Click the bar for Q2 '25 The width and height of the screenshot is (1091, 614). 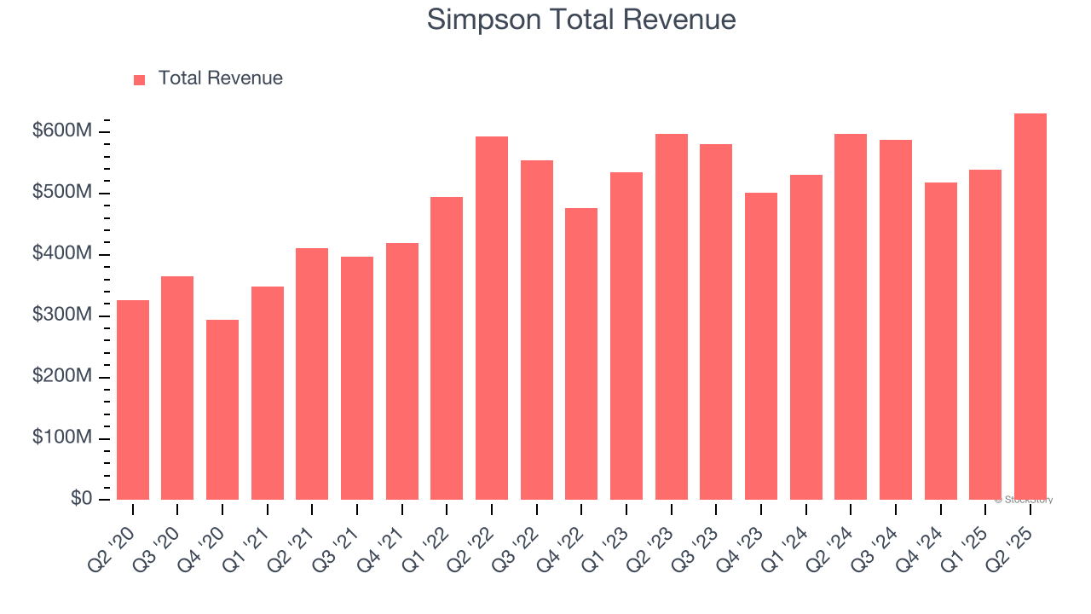[x=1030, y=307]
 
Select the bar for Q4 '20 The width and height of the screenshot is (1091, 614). [x=222, y=410]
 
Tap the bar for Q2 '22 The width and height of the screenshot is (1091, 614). [x=492, y=318]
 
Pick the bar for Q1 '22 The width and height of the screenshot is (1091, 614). [x=447, y=349]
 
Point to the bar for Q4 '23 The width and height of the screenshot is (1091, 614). [x=761, y=346]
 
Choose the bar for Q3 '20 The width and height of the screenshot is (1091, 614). [x=177, y=388]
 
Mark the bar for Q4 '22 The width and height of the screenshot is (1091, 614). [x=581, y=354]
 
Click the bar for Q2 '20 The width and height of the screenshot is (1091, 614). [x=133, y=400]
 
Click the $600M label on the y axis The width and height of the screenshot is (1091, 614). [x=62, y=131]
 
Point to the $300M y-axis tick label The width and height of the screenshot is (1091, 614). [x=62, y=316]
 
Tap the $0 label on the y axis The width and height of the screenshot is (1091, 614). [x=81, y=499]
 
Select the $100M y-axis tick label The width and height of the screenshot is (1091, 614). [x=62, y=438]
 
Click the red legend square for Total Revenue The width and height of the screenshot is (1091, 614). [x=140, y=79]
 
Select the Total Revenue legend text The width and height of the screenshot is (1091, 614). [x=220, y=78]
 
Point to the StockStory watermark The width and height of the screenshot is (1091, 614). [x=1024, y=500]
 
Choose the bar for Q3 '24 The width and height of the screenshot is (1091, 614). [x=896, y=320]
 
